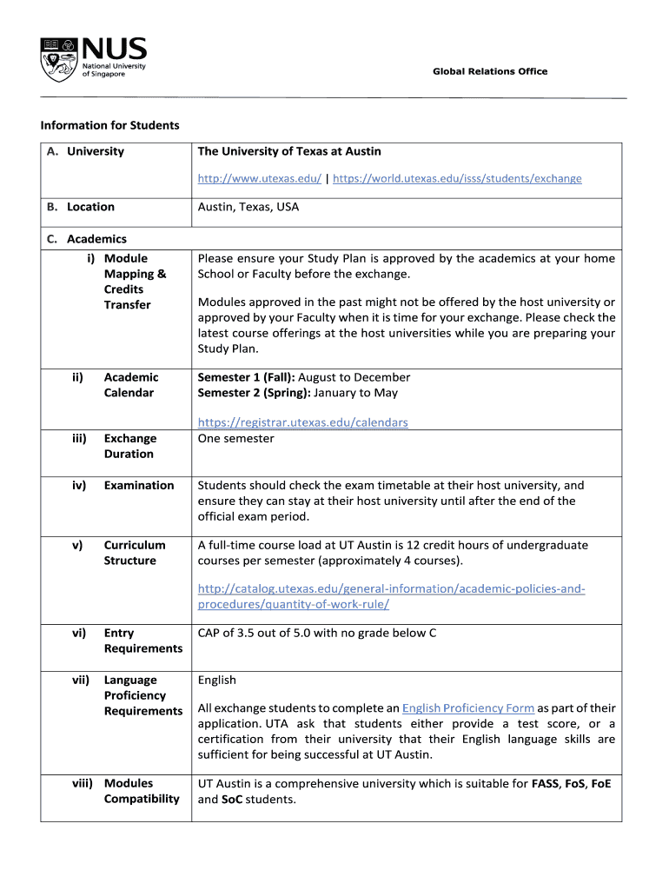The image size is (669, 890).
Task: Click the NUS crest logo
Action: coord(59,58)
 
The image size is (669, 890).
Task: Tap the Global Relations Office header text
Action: coord(490,71)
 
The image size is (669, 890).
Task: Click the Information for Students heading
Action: coord(109,125)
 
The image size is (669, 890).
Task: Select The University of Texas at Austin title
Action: coord(289,151)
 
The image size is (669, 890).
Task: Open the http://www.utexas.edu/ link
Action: coord(259,178)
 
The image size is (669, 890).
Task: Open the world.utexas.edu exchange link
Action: coord(457,178)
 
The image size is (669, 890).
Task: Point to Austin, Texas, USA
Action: coord(248,207)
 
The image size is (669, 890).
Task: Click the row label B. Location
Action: coord(81,207)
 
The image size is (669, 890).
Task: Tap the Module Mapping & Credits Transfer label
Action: coord(134,282)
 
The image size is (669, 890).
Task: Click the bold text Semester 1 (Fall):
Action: coord(246,377)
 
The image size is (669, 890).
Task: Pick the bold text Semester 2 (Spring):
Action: coord(253,393)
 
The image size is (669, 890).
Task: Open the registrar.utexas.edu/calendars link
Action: coord(302,422)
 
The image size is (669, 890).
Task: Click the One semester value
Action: coord(235,438)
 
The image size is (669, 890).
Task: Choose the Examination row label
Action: coord(139,485)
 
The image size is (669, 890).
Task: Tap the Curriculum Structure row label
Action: coord(134,553)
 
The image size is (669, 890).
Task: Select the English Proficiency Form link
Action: coord(468,708)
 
